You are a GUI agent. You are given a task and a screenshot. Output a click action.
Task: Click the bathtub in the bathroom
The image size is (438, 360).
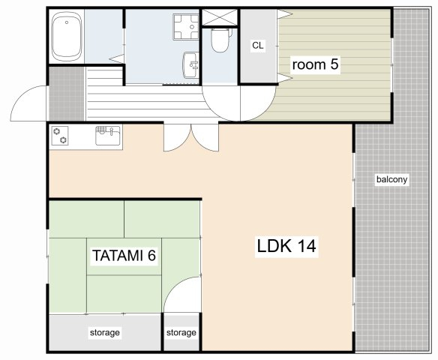point(67,36)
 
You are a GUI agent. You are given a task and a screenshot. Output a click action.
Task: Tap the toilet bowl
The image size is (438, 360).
point(220,40)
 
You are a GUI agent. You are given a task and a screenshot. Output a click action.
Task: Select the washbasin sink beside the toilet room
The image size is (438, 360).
point(191,65)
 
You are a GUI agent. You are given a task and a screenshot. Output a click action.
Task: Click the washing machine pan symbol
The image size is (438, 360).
point(186,27)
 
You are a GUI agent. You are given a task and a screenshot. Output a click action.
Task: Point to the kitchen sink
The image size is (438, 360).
point(108,136)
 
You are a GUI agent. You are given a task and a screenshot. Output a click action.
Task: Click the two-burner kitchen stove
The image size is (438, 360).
point(60,136)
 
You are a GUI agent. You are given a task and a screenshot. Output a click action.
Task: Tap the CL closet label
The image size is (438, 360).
point(257,45)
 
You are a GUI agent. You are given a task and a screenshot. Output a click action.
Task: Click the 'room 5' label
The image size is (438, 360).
point(315,64)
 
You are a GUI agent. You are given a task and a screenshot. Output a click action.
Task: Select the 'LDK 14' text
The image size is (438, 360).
point(286,246)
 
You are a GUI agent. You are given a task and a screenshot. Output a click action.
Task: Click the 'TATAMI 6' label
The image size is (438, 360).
point(124,255)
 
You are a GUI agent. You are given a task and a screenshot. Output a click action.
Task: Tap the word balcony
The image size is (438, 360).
point(391,179)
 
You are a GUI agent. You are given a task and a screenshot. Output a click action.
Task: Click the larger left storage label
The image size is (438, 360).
point(105,332)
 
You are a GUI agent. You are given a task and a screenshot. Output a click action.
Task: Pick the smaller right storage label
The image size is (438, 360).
point(181,332)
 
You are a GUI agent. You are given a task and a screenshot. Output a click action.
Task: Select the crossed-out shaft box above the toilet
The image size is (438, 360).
point(220,17)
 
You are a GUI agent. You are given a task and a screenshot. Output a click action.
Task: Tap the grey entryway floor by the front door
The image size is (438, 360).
point(67,94)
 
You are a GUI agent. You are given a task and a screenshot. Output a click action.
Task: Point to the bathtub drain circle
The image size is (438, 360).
point(67,22)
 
